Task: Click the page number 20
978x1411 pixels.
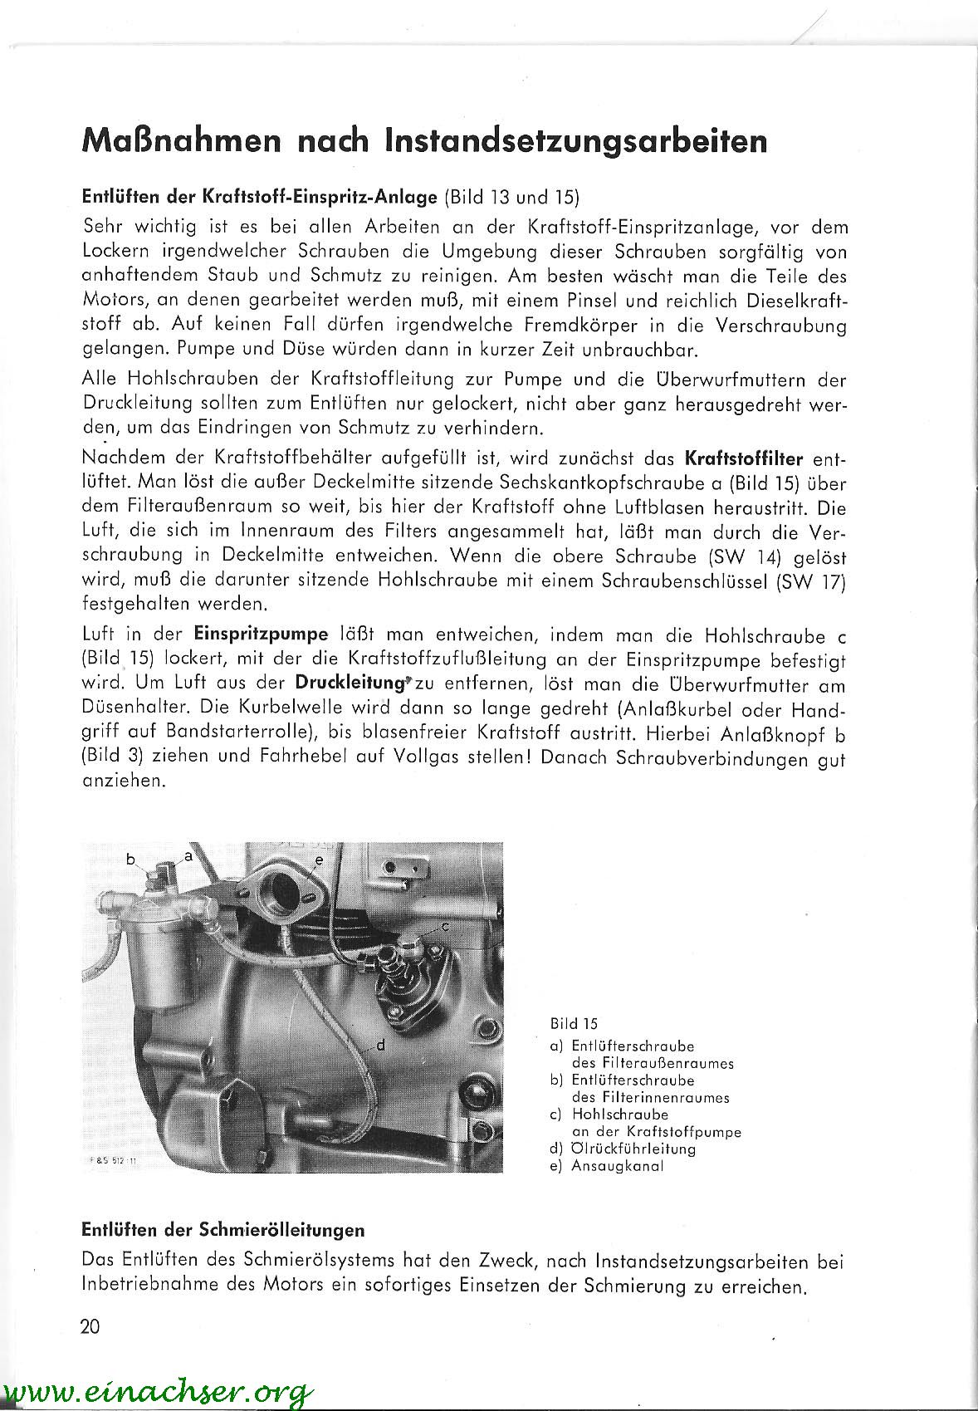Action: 90,1326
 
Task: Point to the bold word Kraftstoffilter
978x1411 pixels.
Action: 745,458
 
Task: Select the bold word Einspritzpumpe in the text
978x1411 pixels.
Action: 262,635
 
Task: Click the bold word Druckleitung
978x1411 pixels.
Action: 349,685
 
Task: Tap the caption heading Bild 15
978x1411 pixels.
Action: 574,1024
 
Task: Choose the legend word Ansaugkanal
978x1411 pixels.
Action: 618,1165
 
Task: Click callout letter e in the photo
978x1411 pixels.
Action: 318,860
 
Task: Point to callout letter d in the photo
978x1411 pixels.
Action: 380,1045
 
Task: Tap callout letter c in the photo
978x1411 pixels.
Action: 445,925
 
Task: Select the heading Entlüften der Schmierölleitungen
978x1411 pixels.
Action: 223,1229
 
